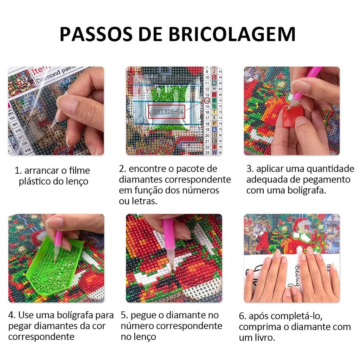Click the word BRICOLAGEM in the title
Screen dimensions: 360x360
(232, 34)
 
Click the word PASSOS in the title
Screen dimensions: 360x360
(96, 34)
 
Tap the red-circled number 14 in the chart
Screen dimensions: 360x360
(207, 100)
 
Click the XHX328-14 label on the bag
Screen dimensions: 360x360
(168, 111)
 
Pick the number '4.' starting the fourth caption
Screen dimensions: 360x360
(12, 315)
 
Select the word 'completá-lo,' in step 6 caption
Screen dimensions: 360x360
(285, 316)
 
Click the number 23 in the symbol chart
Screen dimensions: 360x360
(207, 153)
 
